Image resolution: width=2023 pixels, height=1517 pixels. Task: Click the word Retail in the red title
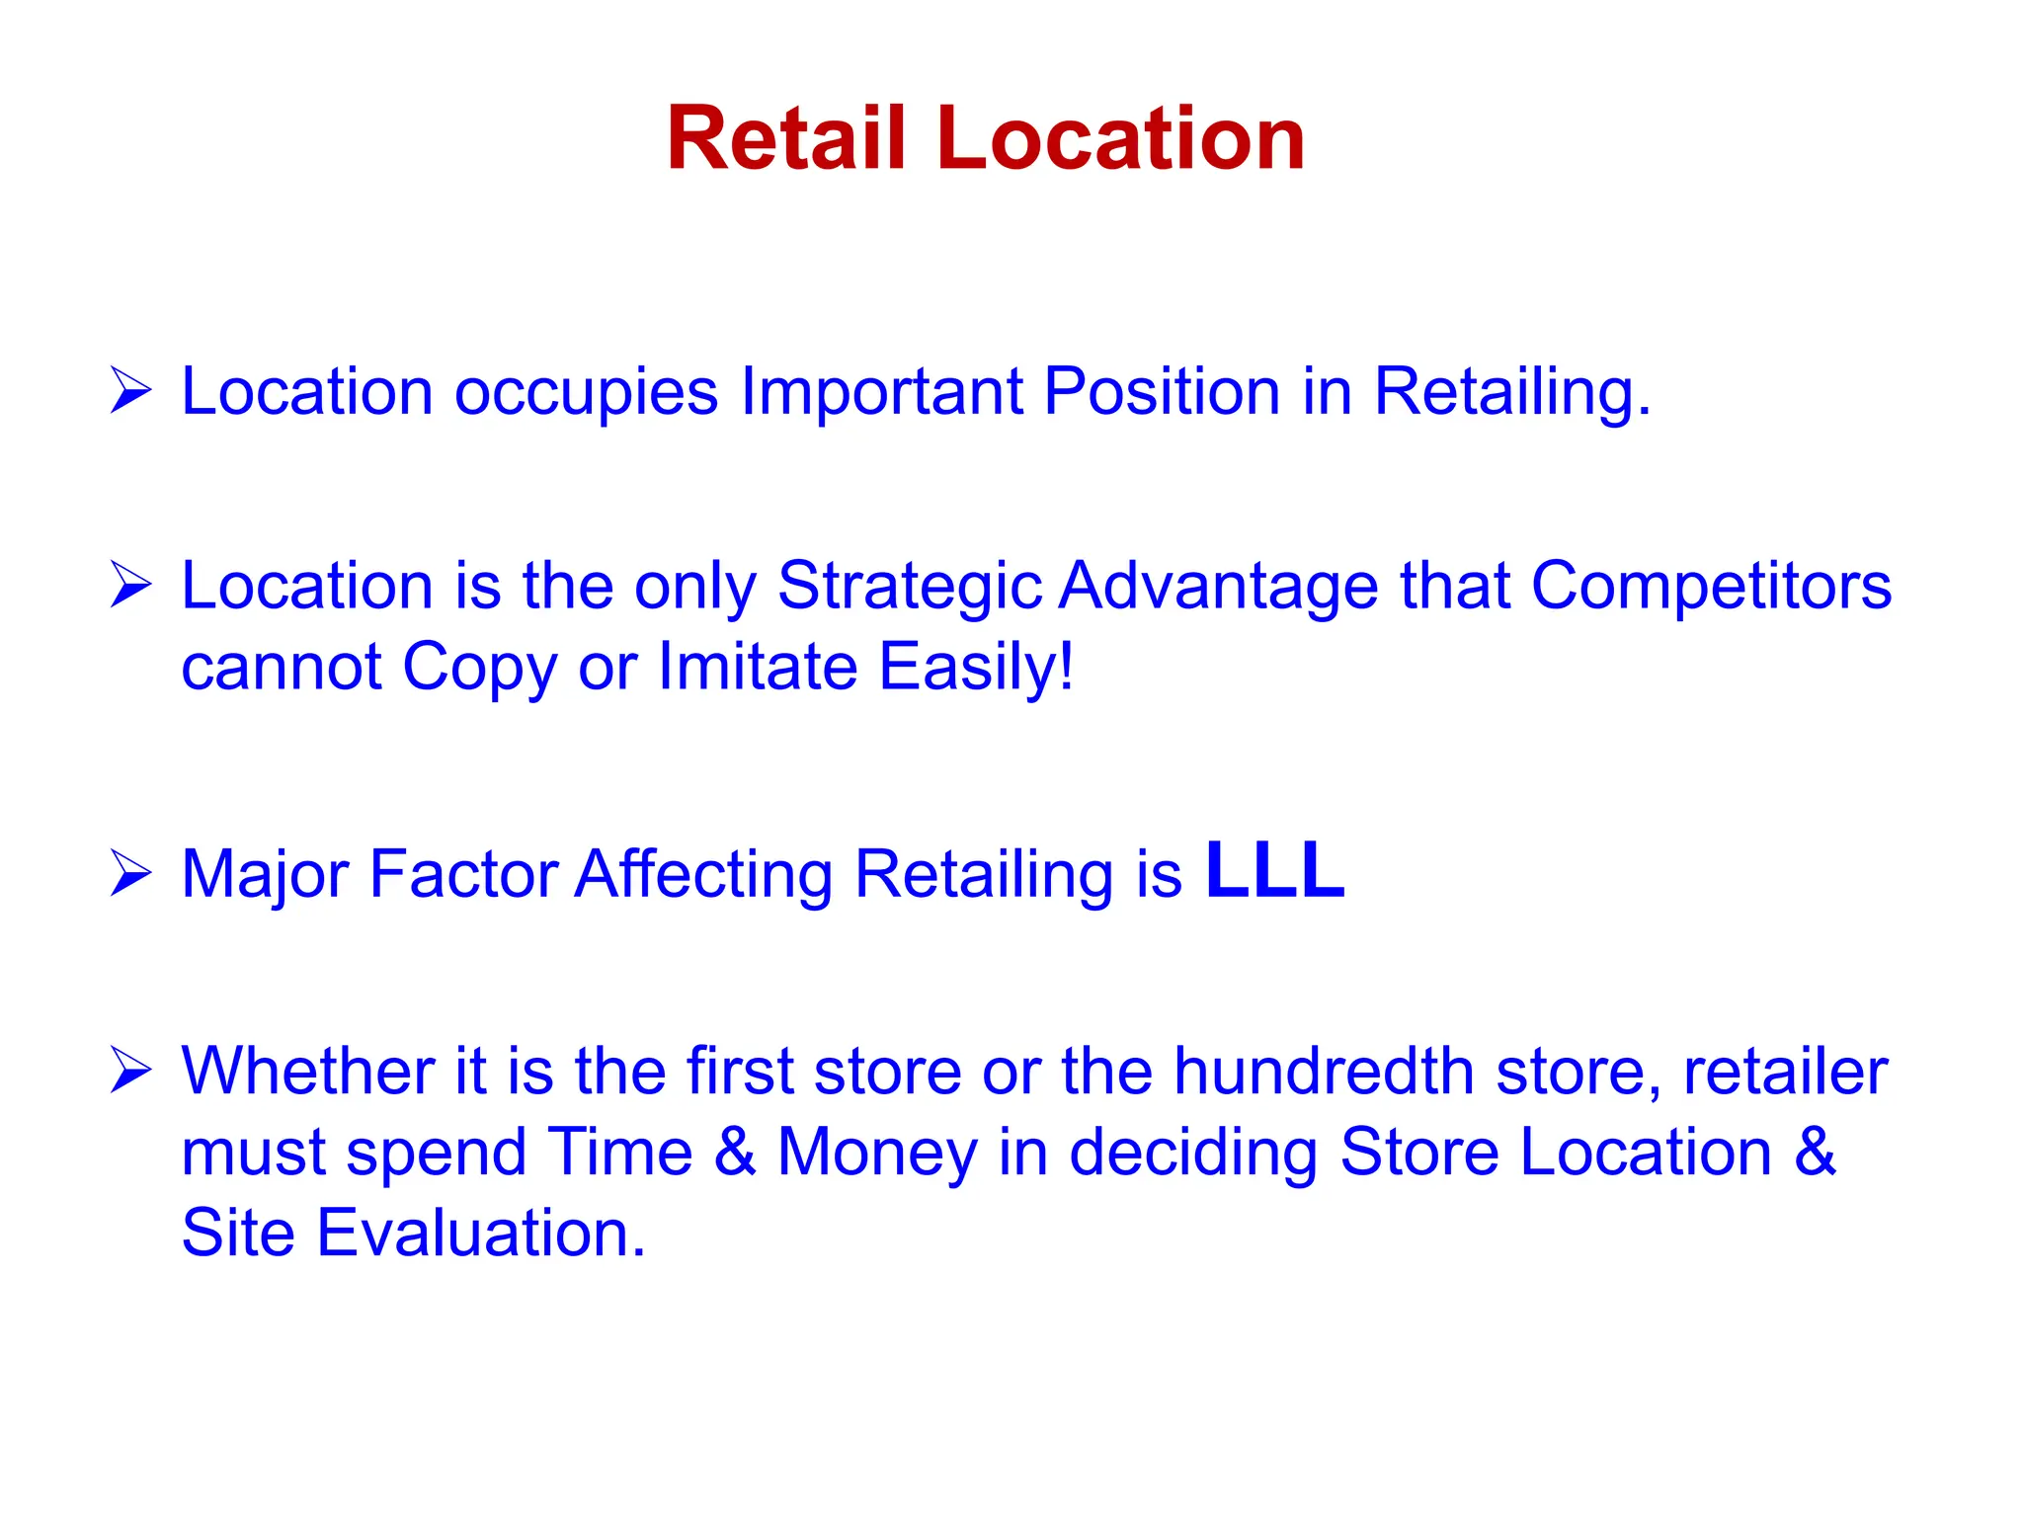(785, 139)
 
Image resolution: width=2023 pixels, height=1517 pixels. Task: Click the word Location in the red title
(1121, 139)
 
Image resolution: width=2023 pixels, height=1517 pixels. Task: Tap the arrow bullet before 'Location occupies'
(130, 390)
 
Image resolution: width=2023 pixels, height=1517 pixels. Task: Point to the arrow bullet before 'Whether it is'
(130, 1071)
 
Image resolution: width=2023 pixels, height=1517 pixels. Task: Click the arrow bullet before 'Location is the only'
(130, 585)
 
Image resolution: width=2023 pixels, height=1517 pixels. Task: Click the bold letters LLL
(1275, 871)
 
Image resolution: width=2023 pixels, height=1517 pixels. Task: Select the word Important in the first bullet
(881, 391)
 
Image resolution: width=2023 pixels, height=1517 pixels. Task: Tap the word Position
(1162, 391)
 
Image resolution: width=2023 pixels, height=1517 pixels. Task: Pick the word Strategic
(909, 587)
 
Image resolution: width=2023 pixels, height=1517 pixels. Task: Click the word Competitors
(1711, 587)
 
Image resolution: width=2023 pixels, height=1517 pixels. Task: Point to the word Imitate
(758, 667)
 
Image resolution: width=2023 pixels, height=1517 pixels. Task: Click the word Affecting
(704, 875)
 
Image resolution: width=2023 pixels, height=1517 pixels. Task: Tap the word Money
(877, 1153)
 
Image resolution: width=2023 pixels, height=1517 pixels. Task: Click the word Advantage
(1219, 587)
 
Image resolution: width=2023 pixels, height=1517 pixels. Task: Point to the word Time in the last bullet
(620, 1153)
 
